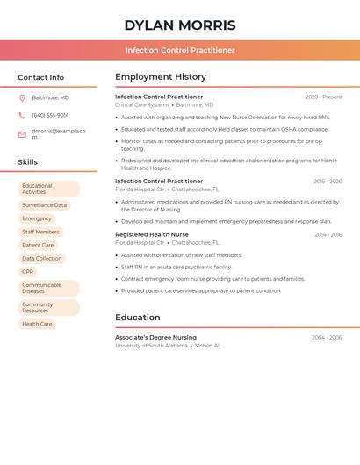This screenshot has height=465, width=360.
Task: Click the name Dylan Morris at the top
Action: [x=179, y=25]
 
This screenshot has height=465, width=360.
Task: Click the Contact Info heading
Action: [x=40, y=77]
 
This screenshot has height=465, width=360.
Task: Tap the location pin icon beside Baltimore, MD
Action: [x=22, y=97]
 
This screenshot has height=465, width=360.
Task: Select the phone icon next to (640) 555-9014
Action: [x=22, y=116]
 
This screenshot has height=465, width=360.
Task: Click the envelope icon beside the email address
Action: [x=22, y=134]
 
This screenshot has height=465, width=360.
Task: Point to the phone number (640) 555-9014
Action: [x=50, y=116]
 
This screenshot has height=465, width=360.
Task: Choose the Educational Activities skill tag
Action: [x=48, y=189]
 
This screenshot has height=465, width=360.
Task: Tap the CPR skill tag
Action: [x=28, y=272]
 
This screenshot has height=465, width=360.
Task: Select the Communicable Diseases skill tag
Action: [x=48, y=288]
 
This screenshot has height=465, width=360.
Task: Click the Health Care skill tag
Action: [x=37, y=324]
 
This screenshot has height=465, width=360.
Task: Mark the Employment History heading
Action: [x=161, y=77]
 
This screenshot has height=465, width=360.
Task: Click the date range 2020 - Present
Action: [x=323, y=97]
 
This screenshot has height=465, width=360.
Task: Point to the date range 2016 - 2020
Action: [x=328, y=182]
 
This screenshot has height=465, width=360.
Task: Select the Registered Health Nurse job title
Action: [x=152, y=234]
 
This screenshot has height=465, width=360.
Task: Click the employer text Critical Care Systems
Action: [x=141, y=105]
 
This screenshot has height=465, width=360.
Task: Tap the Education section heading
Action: [x=138, y=318]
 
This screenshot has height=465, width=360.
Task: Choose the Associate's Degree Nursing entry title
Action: [x=155, y=337]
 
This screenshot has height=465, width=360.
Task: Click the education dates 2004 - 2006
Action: [x=327, y=338]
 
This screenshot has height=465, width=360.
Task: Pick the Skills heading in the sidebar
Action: [x=27, y=162]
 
